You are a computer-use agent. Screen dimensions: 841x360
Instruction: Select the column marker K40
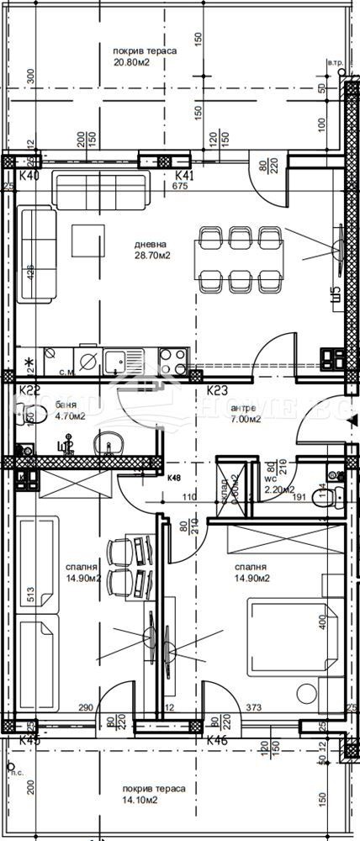tap(29, 177)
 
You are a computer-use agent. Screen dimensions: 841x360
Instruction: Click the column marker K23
tap(218, 390)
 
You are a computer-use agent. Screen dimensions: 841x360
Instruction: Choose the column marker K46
tap(217, 741)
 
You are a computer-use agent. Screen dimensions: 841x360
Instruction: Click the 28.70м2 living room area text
tap(153, 257)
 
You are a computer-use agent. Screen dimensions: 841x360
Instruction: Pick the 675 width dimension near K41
tap(179, 187)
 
